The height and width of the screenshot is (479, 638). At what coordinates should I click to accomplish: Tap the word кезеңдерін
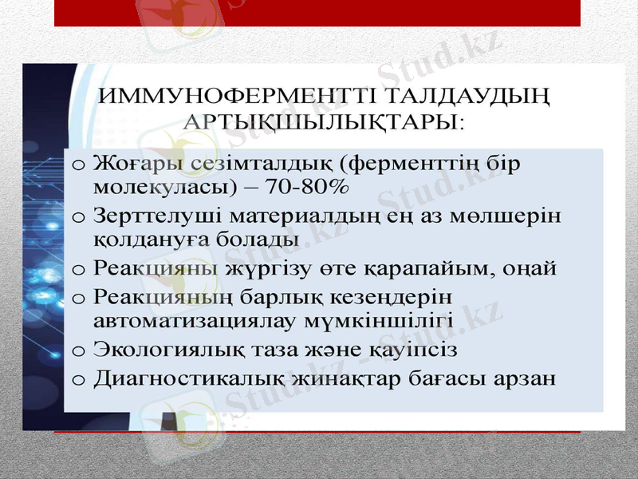(x=394, y=298)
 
